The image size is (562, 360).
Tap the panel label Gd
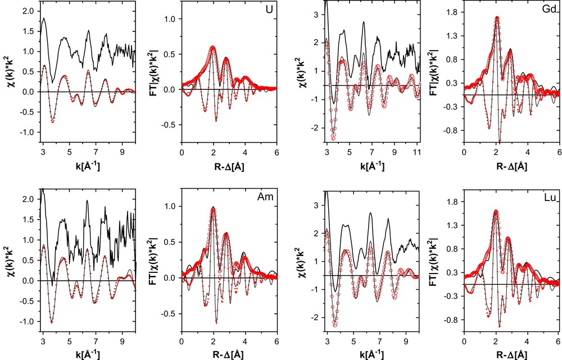point(549,9)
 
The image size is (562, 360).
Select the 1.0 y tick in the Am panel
point(171,207)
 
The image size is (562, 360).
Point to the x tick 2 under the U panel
point(213,152)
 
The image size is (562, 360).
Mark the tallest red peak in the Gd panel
point(497,17)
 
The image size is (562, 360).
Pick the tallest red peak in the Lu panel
point(496,211)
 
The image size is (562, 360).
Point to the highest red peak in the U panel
point(213,47)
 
